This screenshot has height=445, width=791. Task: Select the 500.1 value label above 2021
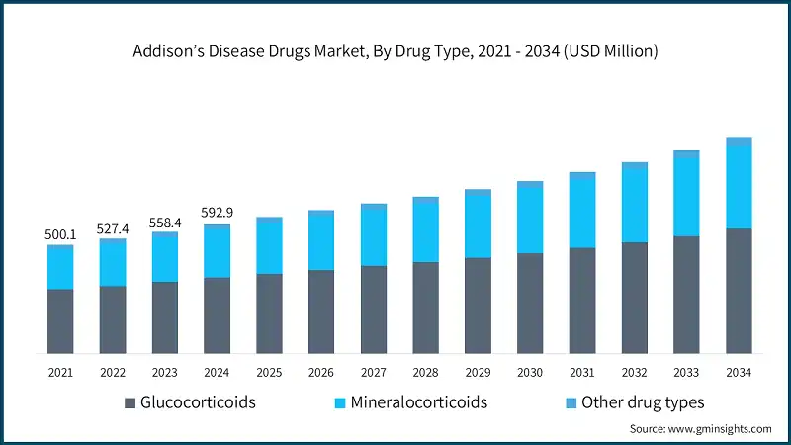point(60,234)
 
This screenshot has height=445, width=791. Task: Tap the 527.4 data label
point(113,228)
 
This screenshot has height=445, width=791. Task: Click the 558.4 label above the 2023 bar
point(164,222)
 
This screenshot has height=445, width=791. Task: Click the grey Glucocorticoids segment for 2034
point(739,291)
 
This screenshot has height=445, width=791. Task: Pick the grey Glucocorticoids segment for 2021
point(60,321)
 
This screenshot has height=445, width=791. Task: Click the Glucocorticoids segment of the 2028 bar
point(425,308)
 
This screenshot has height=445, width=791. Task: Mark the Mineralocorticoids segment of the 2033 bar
point(686,196)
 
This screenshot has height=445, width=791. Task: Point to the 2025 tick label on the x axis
point(269,373)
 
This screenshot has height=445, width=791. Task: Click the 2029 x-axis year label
point(478,373)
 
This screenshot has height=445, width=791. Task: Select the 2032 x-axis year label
point(634,373)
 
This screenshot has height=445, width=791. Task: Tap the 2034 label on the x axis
point(739,373)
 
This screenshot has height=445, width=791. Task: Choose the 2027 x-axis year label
point(374,373)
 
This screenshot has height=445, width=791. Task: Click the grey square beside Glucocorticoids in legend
point(130,403)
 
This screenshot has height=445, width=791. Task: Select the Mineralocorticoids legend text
point(419,402)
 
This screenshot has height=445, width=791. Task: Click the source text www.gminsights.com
point(701,428)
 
